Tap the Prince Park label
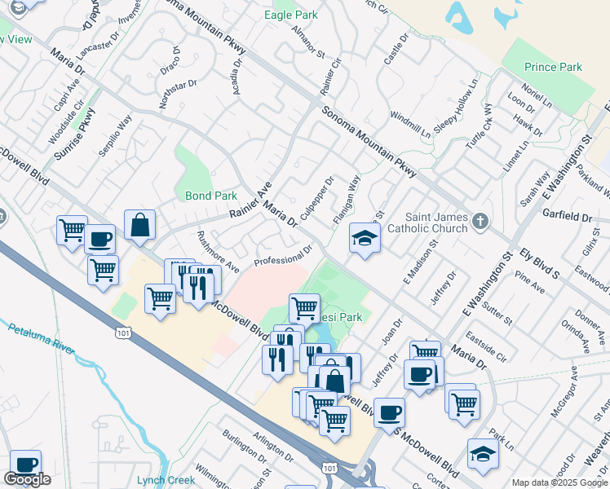pyautogui.click(x=553, y=67)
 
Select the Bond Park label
pyautogui.click(x=210, y=196)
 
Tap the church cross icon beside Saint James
pyautogui.click(x=481, y=221)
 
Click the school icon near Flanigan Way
pyautogui.click(x=363, y=239)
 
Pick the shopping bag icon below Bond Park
pyautogui.click(x=140, y=226)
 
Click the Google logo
pyautogui.click(x=27, y=479)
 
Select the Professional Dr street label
pyautogui.click(x=283, y=256)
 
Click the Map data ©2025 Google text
pyautogui.click(x=559, y=482)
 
